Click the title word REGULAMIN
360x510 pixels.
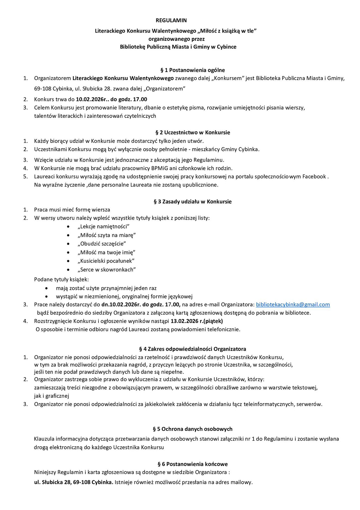(171, 20)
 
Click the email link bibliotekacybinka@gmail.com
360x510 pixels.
(293, 304)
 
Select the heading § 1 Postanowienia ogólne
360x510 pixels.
(192, 70)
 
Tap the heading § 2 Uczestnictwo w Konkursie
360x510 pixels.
(192, 132)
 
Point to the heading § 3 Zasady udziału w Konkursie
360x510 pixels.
(192, 201)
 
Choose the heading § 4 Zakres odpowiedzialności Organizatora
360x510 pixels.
(192, 349)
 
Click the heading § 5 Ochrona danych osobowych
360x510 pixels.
(192, 429)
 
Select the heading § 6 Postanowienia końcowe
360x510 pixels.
(192, 464)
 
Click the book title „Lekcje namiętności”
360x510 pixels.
(103, 226)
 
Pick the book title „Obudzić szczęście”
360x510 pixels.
(102, 244)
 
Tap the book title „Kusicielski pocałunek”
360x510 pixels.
(106, 261)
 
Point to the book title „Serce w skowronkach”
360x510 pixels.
(106, 269)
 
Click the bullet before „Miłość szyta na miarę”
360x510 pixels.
(68, 235)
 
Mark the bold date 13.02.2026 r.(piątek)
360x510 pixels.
(197, 321)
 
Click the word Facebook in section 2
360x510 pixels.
(314, 176)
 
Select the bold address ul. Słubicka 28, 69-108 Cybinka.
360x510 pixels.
(74, 482)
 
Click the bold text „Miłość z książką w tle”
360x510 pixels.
(227, 31)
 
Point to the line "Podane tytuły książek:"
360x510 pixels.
(61, 279)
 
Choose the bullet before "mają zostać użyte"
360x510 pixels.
(47, 288)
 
